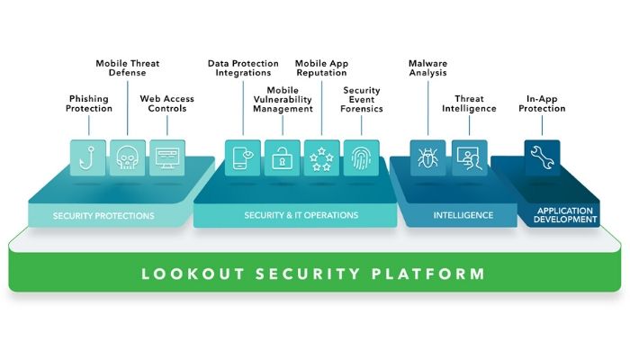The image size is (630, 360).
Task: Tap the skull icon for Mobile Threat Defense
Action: tap(128, 157)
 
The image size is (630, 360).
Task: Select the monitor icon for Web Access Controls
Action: tap(166, 157)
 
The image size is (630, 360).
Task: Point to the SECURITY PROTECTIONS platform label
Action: tap(103, 216)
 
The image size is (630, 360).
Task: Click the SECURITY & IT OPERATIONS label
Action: tap(301, 215)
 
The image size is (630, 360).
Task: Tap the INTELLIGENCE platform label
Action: tap(463, 216)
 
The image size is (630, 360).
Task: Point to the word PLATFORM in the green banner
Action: tap(433, 273)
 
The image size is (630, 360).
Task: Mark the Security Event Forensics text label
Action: tap(363, 99)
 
